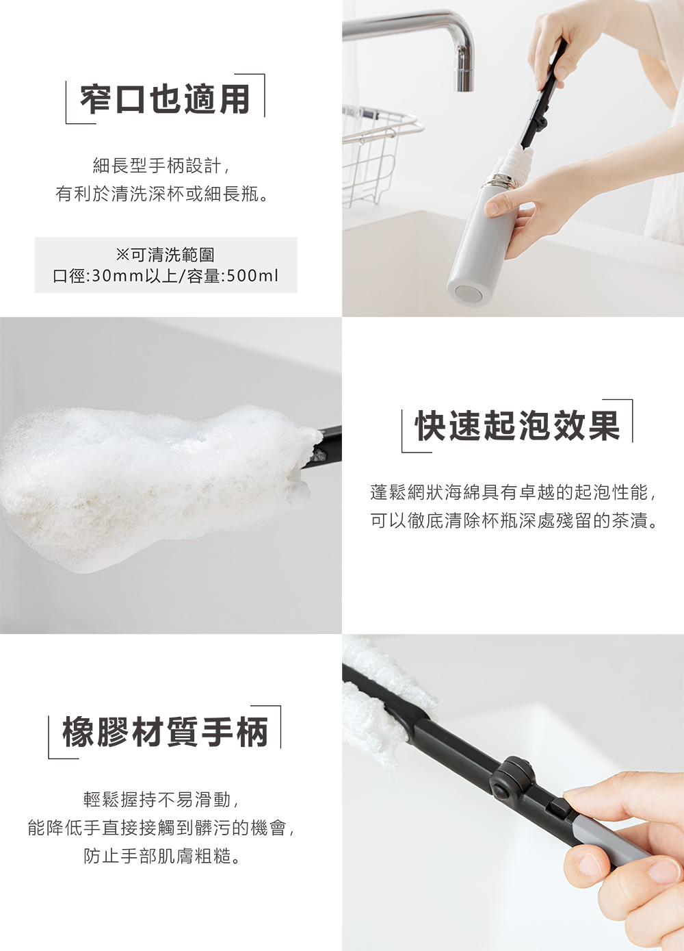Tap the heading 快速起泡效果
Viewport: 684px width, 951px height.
(x=517, y=426)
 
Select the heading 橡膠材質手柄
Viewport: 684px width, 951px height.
(x=165, y=732)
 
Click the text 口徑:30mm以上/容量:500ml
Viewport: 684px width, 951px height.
(x=166, y=276)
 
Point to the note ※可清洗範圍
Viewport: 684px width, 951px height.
(x=166, y=255)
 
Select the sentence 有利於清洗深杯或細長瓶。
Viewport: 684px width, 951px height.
(x=162, y=194)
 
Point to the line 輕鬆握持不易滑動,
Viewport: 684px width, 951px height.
(x=161, y=800)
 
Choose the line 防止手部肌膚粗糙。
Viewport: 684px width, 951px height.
(x=163, y=857)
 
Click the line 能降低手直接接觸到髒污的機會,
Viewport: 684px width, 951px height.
(x=161, y=828)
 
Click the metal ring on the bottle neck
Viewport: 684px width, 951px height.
(x=502, y=181)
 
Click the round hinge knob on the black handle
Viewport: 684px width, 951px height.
(x=511, y=778)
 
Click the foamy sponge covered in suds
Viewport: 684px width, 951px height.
(x=150, y=479)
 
